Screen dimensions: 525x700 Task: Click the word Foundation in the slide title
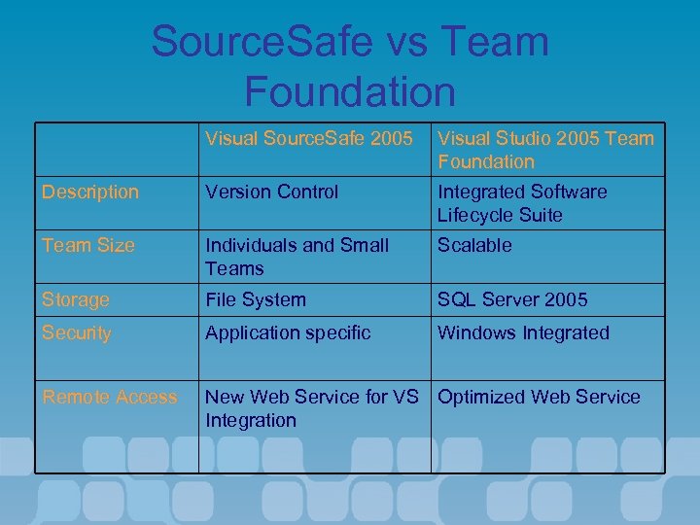point(350,90)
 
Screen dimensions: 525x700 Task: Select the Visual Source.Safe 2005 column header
point(308,138)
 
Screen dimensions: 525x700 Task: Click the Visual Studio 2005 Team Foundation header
point(545,150)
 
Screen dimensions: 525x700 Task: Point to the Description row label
point(89,192)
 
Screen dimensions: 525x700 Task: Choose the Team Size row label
point(87,245)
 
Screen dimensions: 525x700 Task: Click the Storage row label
point(75,299)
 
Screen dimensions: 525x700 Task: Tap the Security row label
point(76,332)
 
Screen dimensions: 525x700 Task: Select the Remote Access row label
point(109,397)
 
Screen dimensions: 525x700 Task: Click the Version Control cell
point(271,192)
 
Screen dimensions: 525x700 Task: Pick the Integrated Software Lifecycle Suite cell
point(522,203)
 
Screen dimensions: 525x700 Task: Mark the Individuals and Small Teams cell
point(297,257)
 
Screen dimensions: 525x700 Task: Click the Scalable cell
point(473,245)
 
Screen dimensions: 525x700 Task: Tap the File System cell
point(255,299)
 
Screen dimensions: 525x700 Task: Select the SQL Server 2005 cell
point(512,299)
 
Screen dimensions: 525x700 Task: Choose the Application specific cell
point(287,332)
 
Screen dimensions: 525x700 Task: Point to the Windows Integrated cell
point(523,332)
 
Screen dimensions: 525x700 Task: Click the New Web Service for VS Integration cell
point(311,408)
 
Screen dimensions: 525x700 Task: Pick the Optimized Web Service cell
point(539,397)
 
